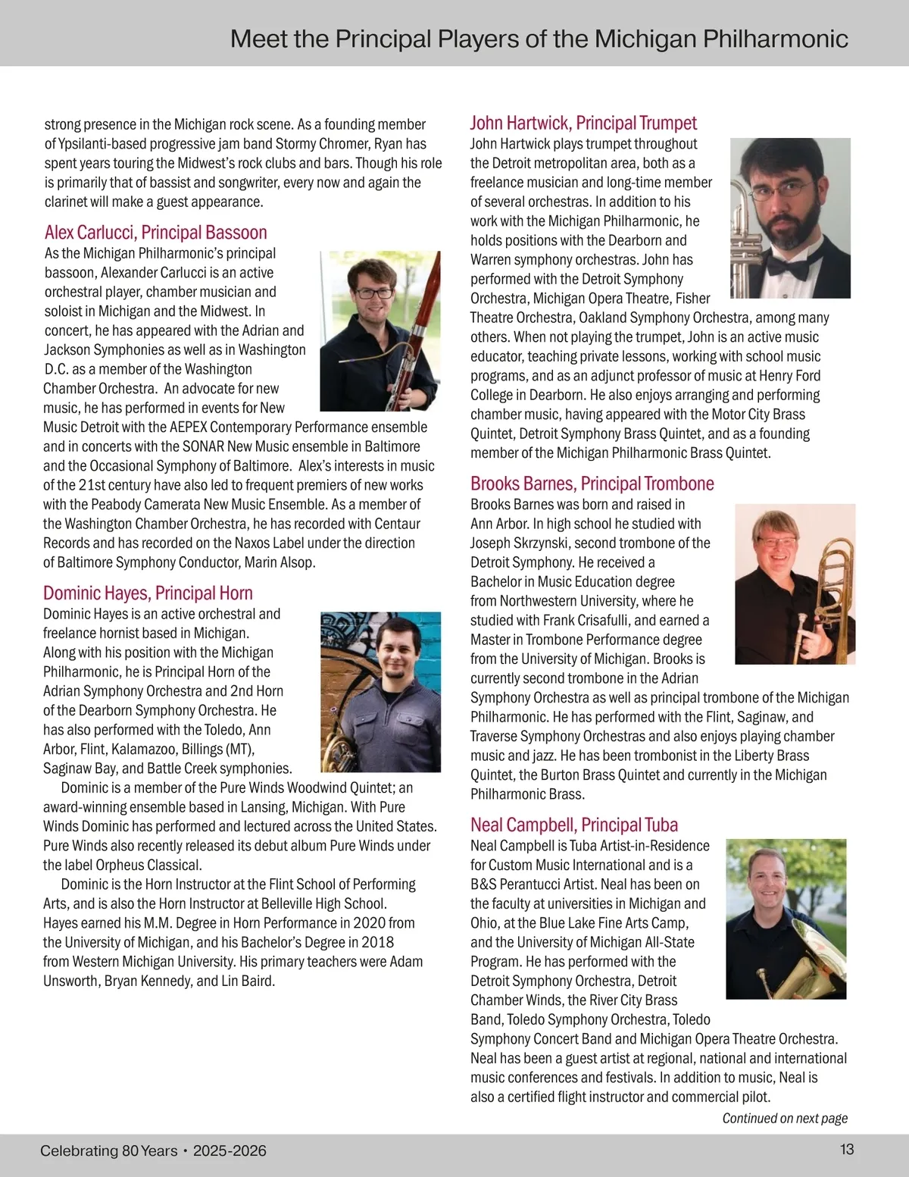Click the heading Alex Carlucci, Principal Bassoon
point(155,233)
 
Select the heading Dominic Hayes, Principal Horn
point(148,593)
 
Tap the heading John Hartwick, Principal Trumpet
point(583,123)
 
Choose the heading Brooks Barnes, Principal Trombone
point(592,484)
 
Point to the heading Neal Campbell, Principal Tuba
point(573,825)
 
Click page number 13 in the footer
point(847,1150)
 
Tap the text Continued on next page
point(784,1118)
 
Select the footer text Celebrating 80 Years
point(108,1150)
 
